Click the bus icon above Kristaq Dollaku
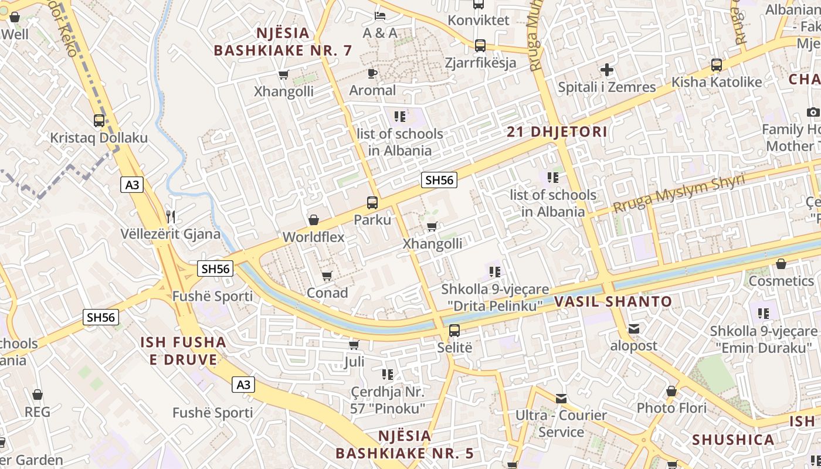pos(99,121)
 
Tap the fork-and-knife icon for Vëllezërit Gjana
pos(171,217)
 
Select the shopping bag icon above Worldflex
pos(314,220)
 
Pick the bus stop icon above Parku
pos(372,203)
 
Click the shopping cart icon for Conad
pos(327,276)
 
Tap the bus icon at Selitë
pos(454,330)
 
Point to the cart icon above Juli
pos(354,344)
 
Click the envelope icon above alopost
pos(634,329)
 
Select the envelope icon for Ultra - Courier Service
pos(561,399)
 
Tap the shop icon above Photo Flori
pos(671,391)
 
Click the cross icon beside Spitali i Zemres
pos(607,70)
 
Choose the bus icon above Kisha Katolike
pos(716,65)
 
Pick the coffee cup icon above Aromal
pos(372,73)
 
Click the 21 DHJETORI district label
pos(557,132)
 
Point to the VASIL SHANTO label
pos(613,302)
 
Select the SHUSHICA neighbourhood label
pos(732,440)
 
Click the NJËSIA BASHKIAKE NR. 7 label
pos(283,41)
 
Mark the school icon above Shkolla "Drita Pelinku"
pos(495,271)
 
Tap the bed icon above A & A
pos(380,15)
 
